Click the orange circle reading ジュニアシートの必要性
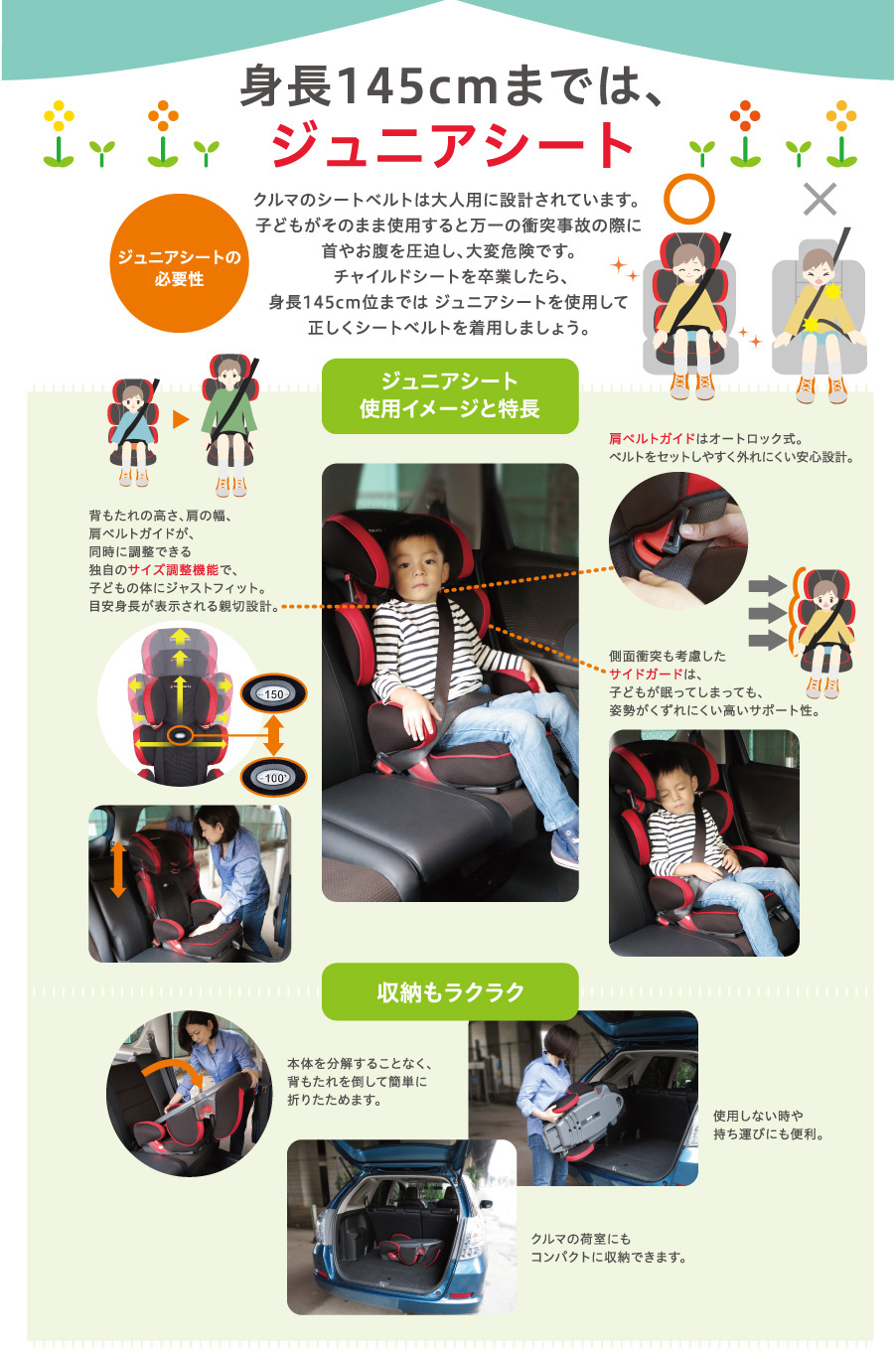pyautogui.click(x=179, y=263)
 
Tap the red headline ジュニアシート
pyautogui.click(x=452, y=145)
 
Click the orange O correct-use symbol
pyautogui.click(x=689, y=199)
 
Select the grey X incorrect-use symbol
pyautogui.click(x=819, y=199)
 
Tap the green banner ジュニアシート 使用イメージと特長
pyautogui.click(x=450, y=396)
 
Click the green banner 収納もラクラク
pyautogui.click(x=450, y=992)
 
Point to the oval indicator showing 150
pyautogui.click(x=273, y=693)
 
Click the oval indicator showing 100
pyautogui.click(x=273, y=777)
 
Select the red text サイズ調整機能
pyautogui.click(x=173, y=570)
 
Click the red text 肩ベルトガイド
pyautogui.click(x=652, y=438)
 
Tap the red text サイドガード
pyautogui.click(x=646, y=674)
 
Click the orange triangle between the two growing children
pyautogui.click(x=181, y=419)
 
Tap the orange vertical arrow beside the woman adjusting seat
pyautogui.click(x=118, y=870)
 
